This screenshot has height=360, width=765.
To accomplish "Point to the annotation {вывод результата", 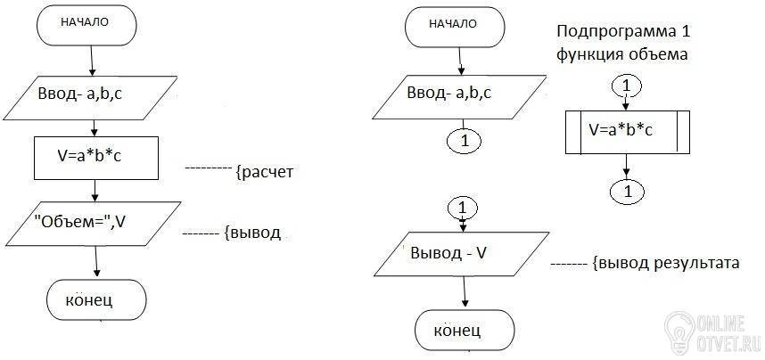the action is (x=666, y=264).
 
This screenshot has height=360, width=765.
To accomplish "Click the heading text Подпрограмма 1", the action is (x=624, y=32).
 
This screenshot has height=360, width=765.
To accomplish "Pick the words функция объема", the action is (x=622, y=54).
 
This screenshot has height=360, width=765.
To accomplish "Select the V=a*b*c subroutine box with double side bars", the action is (x=628, y=132).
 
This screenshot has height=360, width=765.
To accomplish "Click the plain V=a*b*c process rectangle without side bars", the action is (x=96, y=158).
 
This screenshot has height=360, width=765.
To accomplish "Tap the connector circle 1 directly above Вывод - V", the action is (x=463, y=209).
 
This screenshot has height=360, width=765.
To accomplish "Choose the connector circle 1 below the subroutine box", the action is (x=627, y=191).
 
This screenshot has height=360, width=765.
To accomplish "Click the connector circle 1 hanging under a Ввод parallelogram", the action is (x=464, y=141).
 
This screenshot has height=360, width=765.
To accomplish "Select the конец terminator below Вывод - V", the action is (x=465, y=330).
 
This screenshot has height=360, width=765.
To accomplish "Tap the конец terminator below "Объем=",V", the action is (x=96, y=300).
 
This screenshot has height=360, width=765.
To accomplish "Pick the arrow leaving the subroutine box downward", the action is (x=627, y=168).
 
